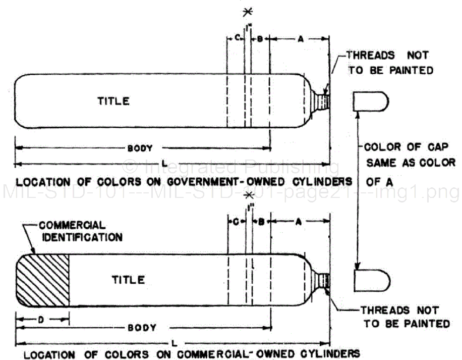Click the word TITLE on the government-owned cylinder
tap(113, 101)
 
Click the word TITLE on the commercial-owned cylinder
tap(128, 280)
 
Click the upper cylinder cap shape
tap(370, 101)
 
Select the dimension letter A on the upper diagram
tap(300, 39)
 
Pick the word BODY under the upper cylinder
tap(140, 148)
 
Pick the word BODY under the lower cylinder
tap(142, 328)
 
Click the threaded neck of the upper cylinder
tap(321, 100)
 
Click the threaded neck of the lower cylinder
tap(321, 279)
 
